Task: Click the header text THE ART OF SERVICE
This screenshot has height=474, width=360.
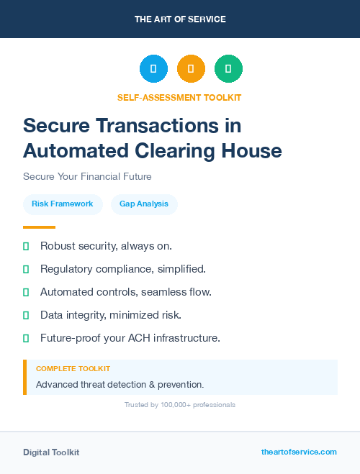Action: point(180,19)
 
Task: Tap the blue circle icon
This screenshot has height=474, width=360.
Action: point(153,69)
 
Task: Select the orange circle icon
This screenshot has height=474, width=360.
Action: point(191,69)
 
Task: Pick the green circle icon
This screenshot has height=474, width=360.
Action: point(228,69)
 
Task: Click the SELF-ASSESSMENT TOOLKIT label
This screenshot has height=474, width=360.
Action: point(180,97)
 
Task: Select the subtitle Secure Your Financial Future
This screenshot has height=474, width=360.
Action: point(87,176)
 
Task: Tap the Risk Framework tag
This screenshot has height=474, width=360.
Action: point(63,204)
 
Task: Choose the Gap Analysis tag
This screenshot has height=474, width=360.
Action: point(144,204)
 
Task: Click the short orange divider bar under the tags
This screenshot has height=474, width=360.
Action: point(39,227)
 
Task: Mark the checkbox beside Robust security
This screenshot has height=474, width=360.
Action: point(26,246)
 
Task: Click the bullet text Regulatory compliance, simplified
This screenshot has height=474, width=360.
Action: point(123,269)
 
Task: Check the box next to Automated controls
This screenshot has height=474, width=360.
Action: point(26,292)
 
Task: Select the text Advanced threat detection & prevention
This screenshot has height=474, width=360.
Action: point(120,384)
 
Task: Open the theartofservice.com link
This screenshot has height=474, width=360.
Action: point(299,452)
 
